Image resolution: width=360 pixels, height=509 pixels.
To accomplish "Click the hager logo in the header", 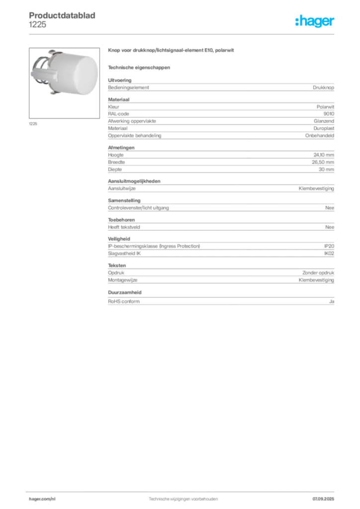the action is tap(315, 21).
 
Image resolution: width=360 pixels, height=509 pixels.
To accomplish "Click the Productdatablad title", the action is tap(62, 15).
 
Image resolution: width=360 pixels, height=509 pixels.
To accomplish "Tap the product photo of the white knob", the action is tap(64, 83).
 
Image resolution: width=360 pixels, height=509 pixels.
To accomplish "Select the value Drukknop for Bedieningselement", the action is tap(323, 87).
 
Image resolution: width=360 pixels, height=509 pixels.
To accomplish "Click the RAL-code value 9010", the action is tap(329, 114).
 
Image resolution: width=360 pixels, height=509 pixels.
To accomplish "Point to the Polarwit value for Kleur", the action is tap(325, 106).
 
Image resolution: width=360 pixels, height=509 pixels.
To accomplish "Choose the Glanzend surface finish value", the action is tap(324, 121).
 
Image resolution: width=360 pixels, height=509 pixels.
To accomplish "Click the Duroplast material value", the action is tap(324, 128).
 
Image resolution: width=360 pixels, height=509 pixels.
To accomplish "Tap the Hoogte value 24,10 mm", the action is tap(324, 155).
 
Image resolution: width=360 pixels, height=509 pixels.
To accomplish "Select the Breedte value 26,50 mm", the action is tap(323, 162).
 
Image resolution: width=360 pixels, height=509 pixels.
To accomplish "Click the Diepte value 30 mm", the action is tap(326, 169).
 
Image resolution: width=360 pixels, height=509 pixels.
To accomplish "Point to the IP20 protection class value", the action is tap(329, 246).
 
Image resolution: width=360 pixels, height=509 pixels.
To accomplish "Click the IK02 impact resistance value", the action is tap(329, 253).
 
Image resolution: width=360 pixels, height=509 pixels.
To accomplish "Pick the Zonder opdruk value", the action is tap(318, 273).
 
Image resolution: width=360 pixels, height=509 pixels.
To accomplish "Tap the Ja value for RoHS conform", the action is tap(332, 301).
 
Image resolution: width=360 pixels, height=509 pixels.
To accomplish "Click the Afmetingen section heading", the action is tap(121, 147).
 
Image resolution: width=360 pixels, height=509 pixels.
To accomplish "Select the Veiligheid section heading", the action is tap(119, 239).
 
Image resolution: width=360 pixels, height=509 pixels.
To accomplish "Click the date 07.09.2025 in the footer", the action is tap(323, 499).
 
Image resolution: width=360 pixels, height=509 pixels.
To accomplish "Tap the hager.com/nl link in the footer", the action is tap(42, 499).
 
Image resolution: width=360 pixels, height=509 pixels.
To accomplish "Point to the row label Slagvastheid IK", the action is tap(124, 253).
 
